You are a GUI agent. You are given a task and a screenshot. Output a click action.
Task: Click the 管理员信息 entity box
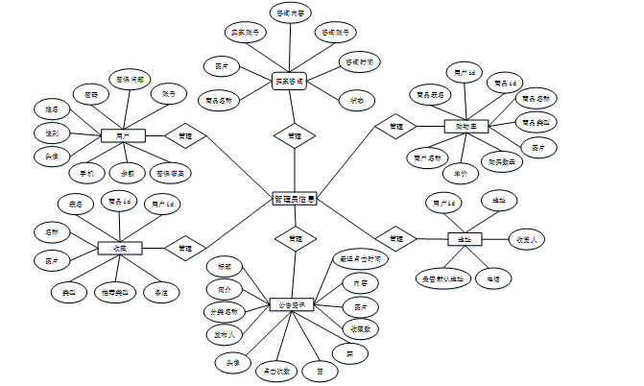pyautogui.click(x=295, y=199)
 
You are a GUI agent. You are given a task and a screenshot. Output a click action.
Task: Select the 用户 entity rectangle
pyautogui.click(x=122, y=136)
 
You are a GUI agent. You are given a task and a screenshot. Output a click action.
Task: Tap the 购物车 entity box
pyautogui.click(x=467, y=126)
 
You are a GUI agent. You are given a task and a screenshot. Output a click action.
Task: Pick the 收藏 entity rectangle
pyautogui.click(x=120, y=248)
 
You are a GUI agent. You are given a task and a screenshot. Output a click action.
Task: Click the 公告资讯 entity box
pyautogui.click(x=292, y=304)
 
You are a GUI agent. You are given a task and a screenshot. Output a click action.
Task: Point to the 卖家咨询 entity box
pyautogui.click(x=289, y=81)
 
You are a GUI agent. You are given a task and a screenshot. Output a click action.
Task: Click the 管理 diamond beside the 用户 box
pyautogui.click(x=185, y=136)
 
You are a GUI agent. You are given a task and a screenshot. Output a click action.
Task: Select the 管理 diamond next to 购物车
pyautogui.click(x=395, y=126)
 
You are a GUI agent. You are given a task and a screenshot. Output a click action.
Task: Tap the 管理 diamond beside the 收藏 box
pyautogui.click(x=183, y=247)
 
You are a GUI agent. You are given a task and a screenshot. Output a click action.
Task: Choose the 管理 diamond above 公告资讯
pyautogui.click(x=295, y=236)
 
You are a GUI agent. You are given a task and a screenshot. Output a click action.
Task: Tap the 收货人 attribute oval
pyautogui.click(x=528, y=239)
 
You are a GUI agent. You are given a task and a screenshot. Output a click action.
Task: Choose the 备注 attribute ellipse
pyautogui.click(x=160, y=290)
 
